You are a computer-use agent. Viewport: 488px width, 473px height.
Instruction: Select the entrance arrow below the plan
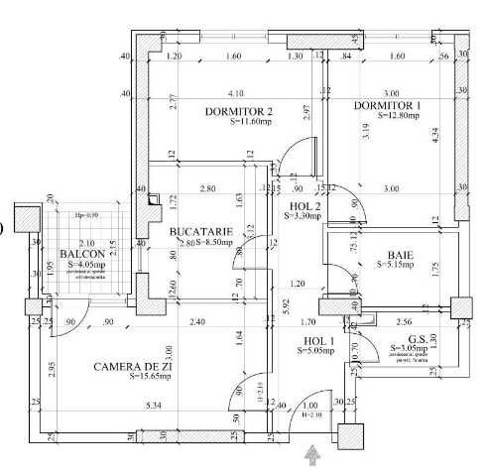coord(315,455)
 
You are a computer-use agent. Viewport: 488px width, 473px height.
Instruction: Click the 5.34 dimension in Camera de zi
coord(152,406)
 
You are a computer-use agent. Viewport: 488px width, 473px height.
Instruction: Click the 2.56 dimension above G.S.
coord(404,322)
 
